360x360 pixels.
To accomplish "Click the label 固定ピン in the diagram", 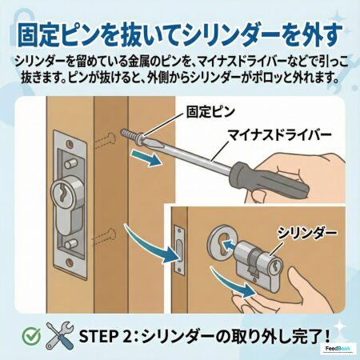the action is click(x=210, y=112).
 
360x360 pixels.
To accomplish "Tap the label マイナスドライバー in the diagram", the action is click(x=279, y=136).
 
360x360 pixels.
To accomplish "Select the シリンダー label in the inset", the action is click(x=306, y=233).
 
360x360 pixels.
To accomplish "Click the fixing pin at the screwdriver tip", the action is click(x=133, y=136).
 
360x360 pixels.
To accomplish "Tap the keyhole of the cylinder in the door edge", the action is click(x=62, y=192).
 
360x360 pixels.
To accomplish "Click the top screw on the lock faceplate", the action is click(x=70, y=144).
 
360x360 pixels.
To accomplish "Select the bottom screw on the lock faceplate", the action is click(x=70, y=262).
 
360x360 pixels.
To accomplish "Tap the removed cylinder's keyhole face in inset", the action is click(x=275, y=266).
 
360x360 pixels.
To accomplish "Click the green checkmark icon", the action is click(x=31, y=335).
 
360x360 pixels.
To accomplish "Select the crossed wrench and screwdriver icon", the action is click(x=59, y=335).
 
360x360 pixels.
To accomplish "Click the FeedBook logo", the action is click(x=338, y=349).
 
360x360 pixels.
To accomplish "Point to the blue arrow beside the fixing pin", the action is click(x=146, y=158).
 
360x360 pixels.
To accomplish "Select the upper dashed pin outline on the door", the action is click(x=105, y=139).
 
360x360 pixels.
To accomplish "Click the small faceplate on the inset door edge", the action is click(x=179, y=250).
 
